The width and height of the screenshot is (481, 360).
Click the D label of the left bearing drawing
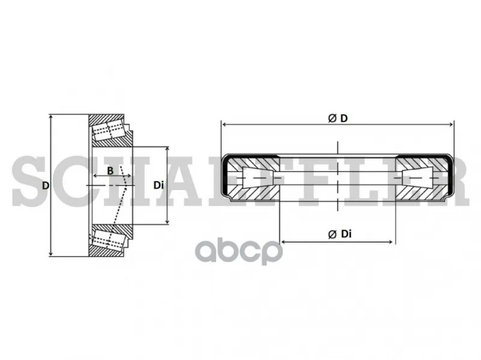[46, 186]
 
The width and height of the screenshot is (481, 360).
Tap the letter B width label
[110, 171]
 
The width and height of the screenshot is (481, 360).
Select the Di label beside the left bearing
[159, 185]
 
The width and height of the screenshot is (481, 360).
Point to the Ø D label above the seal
[338, 118]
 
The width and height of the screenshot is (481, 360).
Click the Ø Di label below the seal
[340, 234]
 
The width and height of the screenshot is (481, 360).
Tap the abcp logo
[239, 251]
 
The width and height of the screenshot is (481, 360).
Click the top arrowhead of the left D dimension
[51, 117]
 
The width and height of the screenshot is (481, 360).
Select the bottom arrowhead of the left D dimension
[51, 254]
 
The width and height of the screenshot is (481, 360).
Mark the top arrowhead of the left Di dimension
[167, 149]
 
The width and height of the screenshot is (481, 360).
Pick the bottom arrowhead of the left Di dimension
[167, 221]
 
